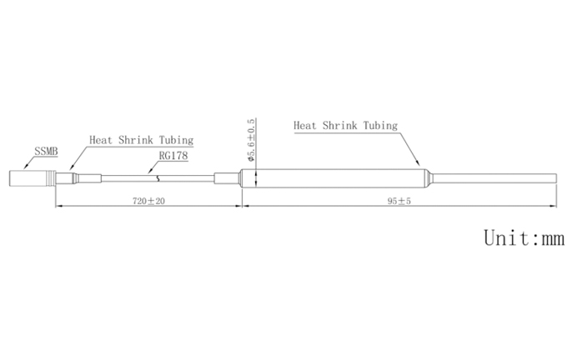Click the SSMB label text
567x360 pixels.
[46, 151]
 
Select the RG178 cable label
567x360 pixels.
[173, 156]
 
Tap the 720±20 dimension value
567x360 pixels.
[148, 201]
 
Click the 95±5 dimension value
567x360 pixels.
[399, 201]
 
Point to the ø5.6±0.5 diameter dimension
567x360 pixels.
[251, 139]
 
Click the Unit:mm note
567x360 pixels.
[524, 237]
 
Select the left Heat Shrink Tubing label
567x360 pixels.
[142, 140]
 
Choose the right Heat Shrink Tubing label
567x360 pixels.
[346, 126]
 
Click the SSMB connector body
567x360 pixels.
[33, 178]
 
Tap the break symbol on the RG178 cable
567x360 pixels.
[158, 178]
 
